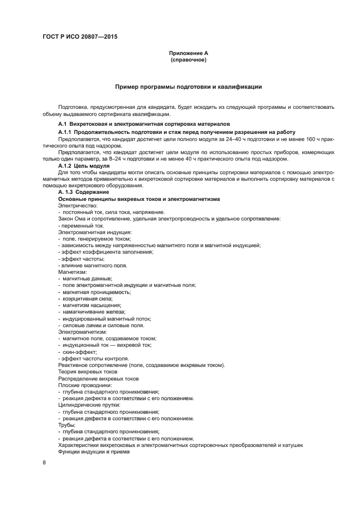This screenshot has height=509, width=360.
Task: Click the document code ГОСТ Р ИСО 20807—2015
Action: pyautogui.click(x=80, y=37)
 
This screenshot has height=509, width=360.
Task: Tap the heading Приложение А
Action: pyautogui.click(x=188, y=53)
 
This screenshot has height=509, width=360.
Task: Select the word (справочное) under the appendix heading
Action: pyautogui.click(x=188, y=59)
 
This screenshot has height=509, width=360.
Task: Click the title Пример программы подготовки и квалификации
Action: pyautogui.click(x=188, y=87)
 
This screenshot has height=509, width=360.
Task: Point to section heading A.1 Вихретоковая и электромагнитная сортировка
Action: pyautogui.click(x=144, y=124)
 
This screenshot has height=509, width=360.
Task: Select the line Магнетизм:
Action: pyautogui.click(x=69, y=271)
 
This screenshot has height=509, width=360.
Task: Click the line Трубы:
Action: pyautogui.click(x=66, y=425)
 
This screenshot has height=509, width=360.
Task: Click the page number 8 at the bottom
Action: pyautogui.click(x=44, y=463)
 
